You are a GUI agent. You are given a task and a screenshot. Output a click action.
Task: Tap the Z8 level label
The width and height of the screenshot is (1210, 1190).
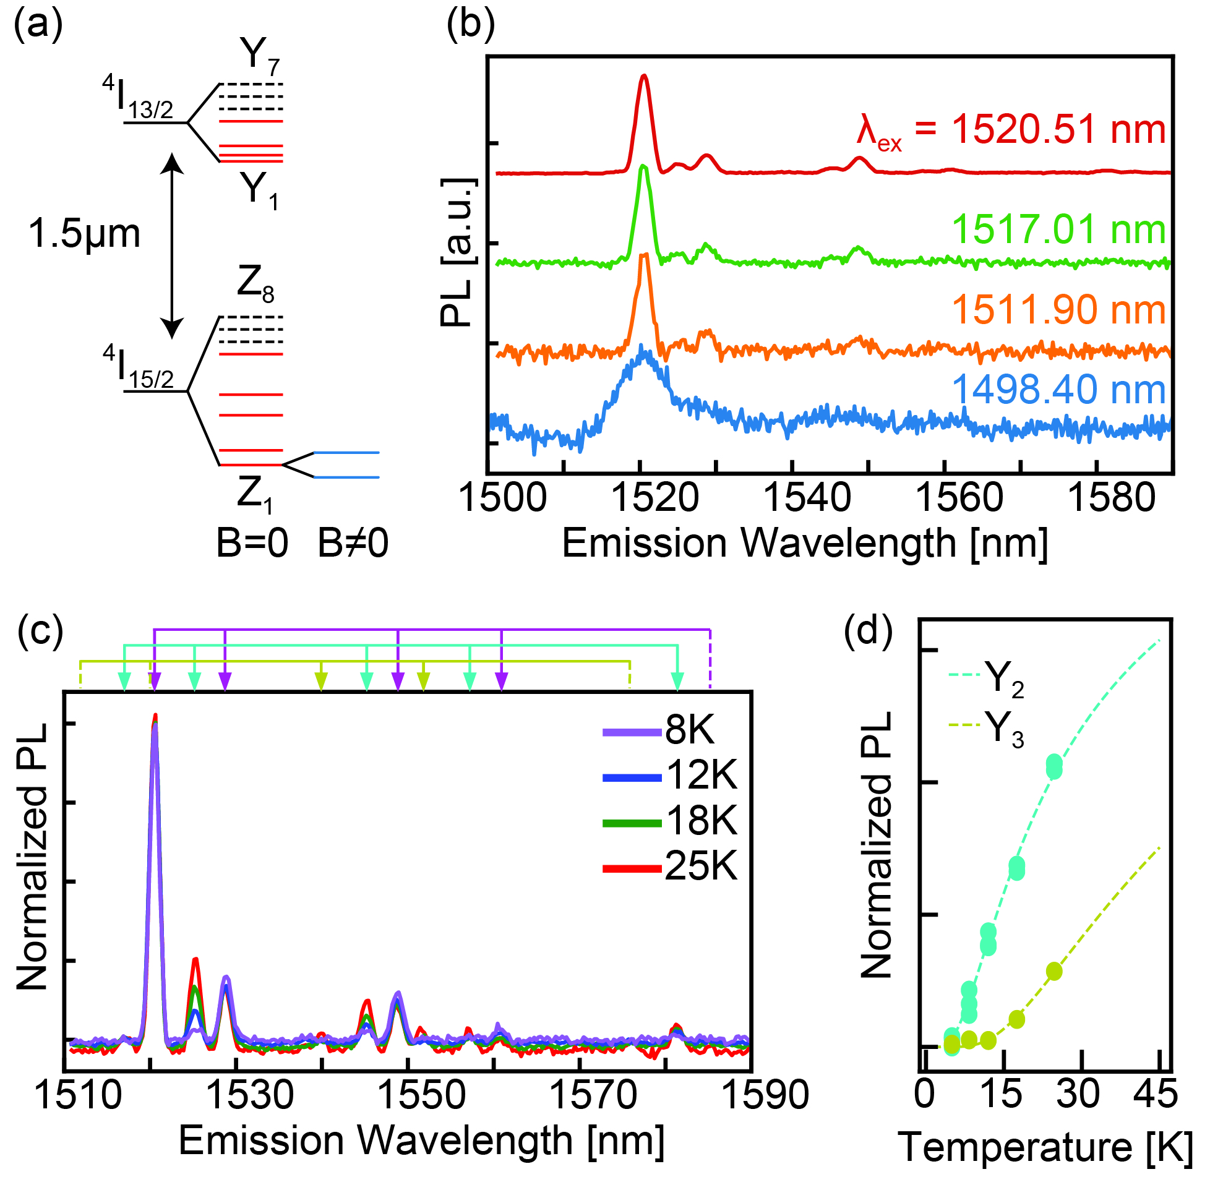255,285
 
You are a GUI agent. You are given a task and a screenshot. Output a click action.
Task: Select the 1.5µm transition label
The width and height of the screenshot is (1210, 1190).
84,234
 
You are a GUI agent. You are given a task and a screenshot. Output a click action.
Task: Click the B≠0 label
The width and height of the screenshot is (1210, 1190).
353,542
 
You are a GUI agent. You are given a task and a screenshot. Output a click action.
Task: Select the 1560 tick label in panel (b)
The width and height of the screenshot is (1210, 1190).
958,498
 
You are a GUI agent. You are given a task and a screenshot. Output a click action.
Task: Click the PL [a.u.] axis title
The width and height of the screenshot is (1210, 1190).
457,252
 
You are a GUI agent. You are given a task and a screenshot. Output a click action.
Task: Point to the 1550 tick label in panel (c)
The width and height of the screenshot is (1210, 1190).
422,1095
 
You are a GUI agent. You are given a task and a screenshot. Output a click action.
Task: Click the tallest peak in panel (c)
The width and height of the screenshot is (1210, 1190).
155,717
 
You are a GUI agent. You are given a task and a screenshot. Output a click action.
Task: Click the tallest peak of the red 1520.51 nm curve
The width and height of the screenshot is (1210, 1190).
644,77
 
